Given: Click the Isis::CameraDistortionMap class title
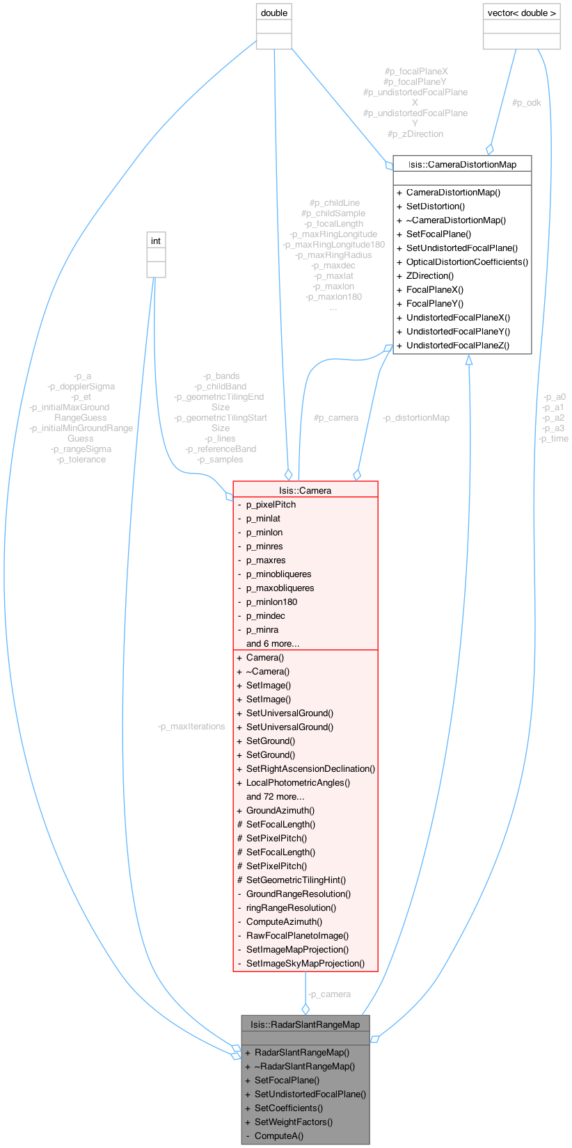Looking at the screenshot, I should (x=462, y=164).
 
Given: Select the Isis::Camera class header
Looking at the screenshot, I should (x=305, y=490).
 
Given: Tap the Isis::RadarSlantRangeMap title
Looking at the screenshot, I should (x=305, y=1024).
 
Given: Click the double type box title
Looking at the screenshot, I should (x=273, y=13).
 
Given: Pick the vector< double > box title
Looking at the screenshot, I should (x=521, y=13).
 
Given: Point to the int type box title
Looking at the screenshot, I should (x=156, y=241).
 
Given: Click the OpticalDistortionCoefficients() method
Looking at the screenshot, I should (x=467, y=261).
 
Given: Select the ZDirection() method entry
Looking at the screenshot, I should (x=429, y=275).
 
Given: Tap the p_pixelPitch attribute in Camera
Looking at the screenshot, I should (x=271, y=504).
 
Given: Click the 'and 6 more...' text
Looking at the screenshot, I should (x=273, y=643).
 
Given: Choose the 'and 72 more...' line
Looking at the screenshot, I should (x=275, y=796).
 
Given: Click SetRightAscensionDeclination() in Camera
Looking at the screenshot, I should (x=310, y=768).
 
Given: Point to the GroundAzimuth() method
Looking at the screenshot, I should (x=280, y=810).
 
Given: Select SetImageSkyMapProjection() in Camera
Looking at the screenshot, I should (x=305, y=963).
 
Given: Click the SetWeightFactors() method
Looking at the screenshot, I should (x=294, y=1122).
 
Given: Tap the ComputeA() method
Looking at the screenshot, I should (x=279, y=1135).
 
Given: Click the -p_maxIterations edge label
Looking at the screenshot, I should (x=192, y=726).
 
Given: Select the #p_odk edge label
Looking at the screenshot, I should (x=526, y=102).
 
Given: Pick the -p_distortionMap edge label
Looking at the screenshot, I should (x=416, y=417).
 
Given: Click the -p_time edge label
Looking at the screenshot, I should (x=554, y=438).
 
